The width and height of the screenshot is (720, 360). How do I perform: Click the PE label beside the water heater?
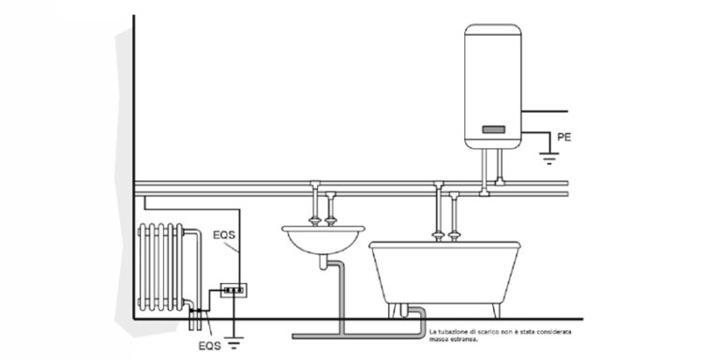pyautogui.click(x=563, y=137)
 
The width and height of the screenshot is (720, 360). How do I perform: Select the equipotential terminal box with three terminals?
pyautogui.click(x=232, y=291)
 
